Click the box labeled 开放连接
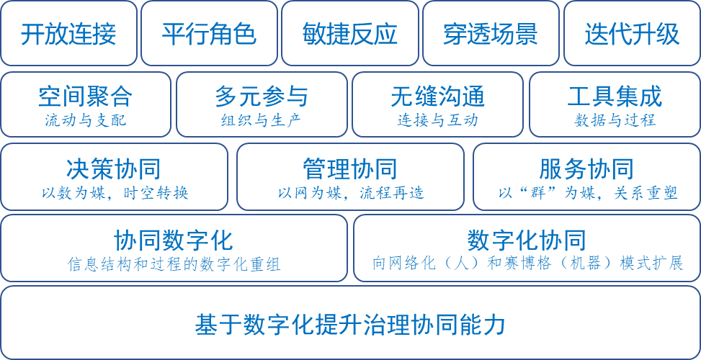coord(68,34)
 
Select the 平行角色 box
coord(209,34)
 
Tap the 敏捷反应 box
coord(350,34)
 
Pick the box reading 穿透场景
coord(491,34)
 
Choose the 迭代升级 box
coord(632,34)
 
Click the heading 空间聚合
coord(85,96)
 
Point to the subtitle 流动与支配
coord(85,120)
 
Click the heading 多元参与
coord(262,96)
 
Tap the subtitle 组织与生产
coord(262,120)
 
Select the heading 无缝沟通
coord(437,96)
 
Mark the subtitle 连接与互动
coord(437,120)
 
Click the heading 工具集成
coord(615,96)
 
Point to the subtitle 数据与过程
coord(615,120)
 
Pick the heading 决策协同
coord(114,169)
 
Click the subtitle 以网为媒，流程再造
coord(351,193)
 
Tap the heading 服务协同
coord(586,169)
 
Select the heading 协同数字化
coord(174,240)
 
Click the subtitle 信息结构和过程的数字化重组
coord(174,264)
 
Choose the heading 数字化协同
coord(527,240)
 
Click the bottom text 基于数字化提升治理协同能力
coord(350,324)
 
